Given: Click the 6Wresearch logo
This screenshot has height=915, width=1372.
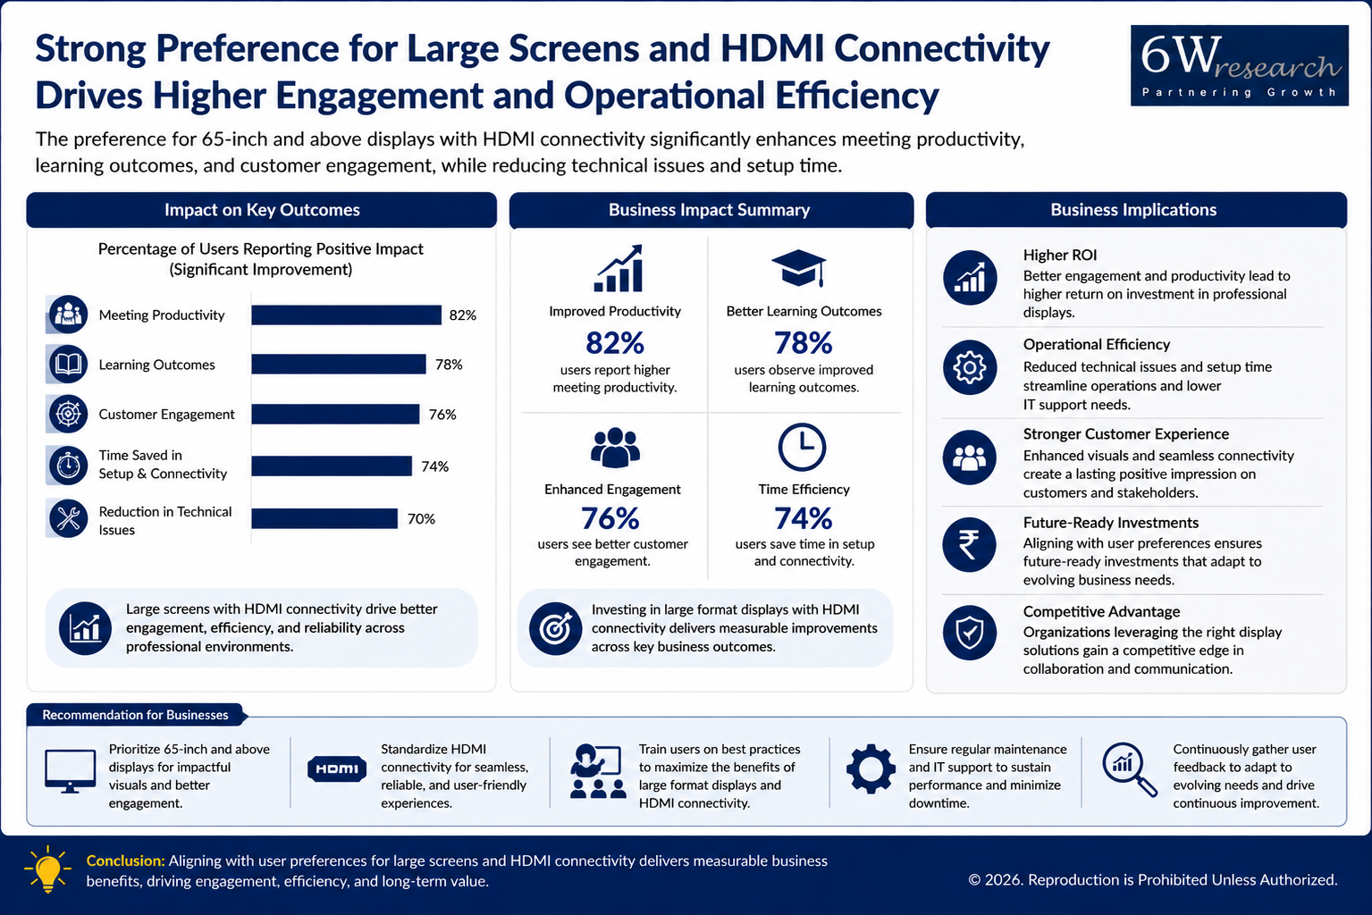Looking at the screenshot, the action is [1239, 65].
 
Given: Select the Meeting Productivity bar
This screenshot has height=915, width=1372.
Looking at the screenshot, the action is [346, 315].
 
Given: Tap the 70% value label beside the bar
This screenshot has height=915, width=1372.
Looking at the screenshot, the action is [421, 519].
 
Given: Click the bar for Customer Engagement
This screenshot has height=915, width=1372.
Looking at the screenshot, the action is [336, 414].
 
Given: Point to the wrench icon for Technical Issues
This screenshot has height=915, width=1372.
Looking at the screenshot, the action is [68, 519].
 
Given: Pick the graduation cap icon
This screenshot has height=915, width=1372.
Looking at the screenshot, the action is [799, 268].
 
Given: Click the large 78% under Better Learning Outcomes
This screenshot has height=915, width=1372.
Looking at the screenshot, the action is [803, 343].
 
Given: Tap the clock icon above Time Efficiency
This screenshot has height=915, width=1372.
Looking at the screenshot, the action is [802, 447].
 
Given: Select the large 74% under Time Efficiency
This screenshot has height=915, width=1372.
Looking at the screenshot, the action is [803, 519].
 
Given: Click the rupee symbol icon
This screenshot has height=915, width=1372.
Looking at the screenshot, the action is [969, 545].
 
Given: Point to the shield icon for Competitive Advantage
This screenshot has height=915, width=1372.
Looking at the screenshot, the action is [970, 633].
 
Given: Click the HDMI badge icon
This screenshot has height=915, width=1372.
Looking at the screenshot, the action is [337, 768].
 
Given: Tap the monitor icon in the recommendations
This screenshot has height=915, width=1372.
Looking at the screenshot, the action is [70, 770].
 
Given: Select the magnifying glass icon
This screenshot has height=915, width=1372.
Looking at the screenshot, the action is [1130, 769].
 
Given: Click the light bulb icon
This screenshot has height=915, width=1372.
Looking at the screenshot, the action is [47, 869].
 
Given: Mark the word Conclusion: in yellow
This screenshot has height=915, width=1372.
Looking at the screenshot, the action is [125, 861].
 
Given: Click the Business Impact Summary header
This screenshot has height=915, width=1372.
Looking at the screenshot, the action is [710, 210].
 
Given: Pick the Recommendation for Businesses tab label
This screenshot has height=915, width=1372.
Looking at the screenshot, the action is [135, 715].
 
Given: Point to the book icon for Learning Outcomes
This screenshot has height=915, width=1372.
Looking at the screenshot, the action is [68, 364].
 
